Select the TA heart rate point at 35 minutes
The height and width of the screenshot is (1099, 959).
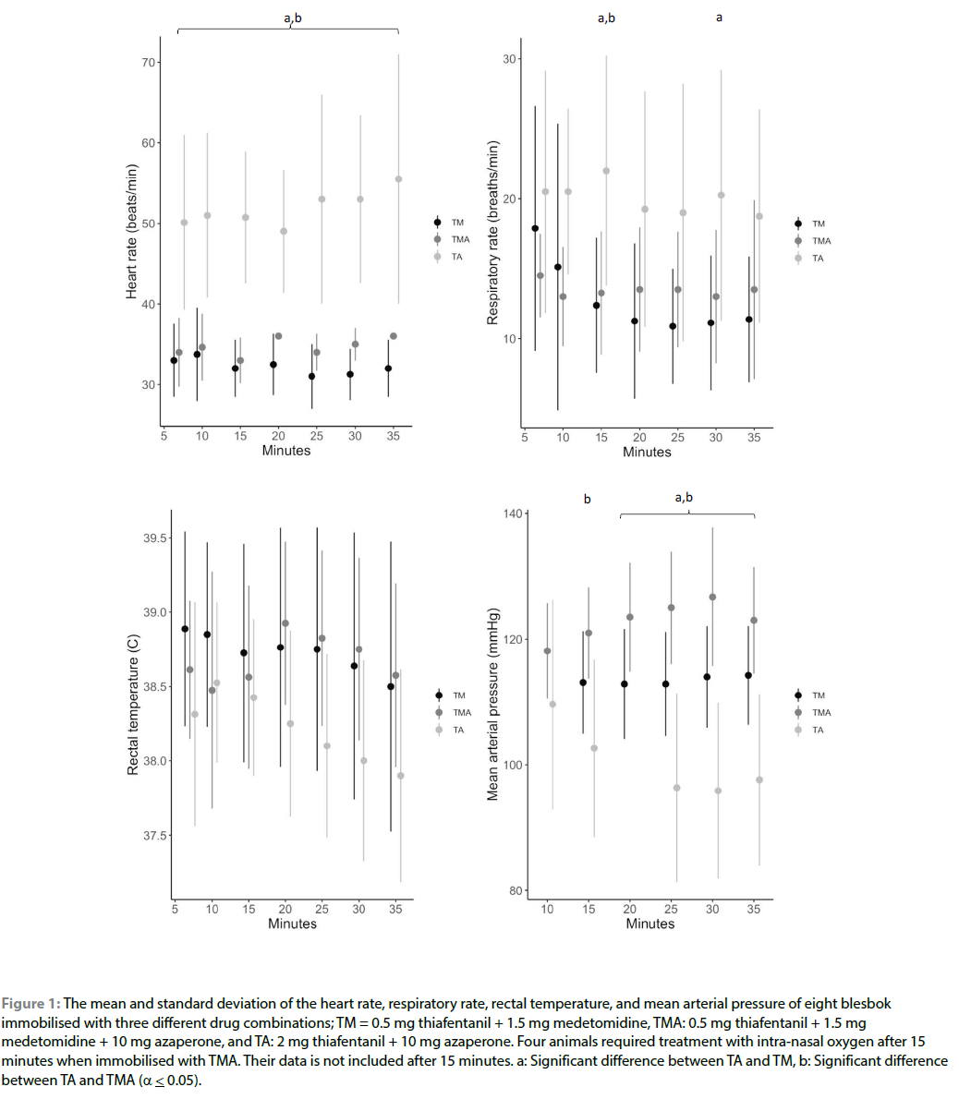398,179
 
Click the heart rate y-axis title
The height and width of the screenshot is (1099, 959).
132,231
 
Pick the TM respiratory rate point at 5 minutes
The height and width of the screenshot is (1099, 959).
535,228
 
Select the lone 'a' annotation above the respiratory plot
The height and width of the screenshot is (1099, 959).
720,18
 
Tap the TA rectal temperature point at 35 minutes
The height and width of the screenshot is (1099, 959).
400,776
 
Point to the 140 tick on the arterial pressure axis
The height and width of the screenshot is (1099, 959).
512,513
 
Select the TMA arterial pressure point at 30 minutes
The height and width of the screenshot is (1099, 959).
712,597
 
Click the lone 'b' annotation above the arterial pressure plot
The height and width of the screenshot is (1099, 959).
587,499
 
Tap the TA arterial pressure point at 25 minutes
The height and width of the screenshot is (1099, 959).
676,788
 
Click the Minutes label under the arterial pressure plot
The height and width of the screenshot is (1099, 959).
649,924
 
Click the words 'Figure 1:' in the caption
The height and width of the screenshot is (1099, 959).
30,1003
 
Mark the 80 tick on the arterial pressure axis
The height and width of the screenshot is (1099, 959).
516,891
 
